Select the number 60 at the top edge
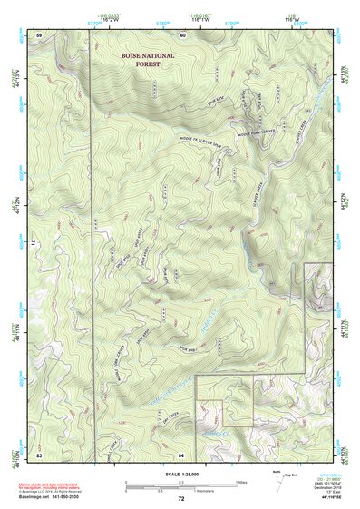pyautogui.click(x=182, y=34)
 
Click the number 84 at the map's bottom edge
pyautogui.click(x=181, y=453)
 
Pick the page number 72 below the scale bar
pyautogui.click(x=181, y=498)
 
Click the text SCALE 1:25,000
pyautogui.click(x=180, y=472)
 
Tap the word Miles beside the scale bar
pyautogui.click(x=241, y=481)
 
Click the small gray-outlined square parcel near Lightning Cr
pyautogui.click(x=211, y=413)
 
